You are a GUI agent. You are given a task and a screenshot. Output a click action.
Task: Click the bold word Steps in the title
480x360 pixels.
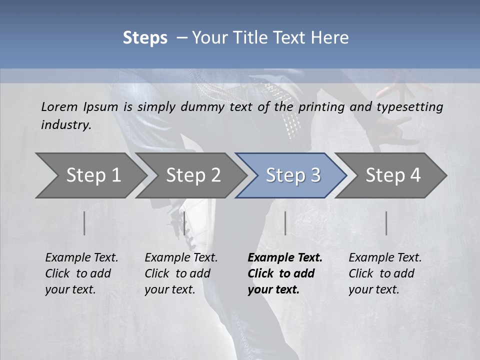[x=145, y=38]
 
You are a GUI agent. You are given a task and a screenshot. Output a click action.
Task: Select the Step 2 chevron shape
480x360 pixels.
[x=190, y=175]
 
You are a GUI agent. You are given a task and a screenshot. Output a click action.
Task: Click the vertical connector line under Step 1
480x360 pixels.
[x=84, y=223]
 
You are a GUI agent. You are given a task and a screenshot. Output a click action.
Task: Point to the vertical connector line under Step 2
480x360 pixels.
[x=184, y=223]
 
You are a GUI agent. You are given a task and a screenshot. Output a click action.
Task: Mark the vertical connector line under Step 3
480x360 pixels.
[x=285, y=223]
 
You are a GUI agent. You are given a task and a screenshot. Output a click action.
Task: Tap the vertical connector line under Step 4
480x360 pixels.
[x=386, y=223]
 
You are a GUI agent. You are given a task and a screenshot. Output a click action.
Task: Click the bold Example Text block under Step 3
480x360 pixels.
[x=285, y=273]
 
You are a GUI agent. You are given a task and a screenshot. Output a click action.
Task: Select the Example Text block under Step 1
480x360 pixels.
[x=81, y=273]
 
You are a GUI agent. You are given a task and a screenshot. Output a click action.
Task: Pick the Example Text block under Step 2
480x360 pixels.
[x=181, y=273]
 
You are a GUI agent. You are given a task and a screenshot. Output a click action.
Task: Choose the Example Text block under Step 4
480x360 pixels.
[x=385, y=273]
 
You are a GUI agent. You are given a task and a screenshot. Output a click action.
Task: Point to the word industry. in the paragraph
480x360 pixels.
[x=66, y=124]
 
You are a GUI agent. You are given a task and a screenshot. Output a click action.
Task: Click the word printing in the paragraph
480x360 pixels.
[x=321, y=107]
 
